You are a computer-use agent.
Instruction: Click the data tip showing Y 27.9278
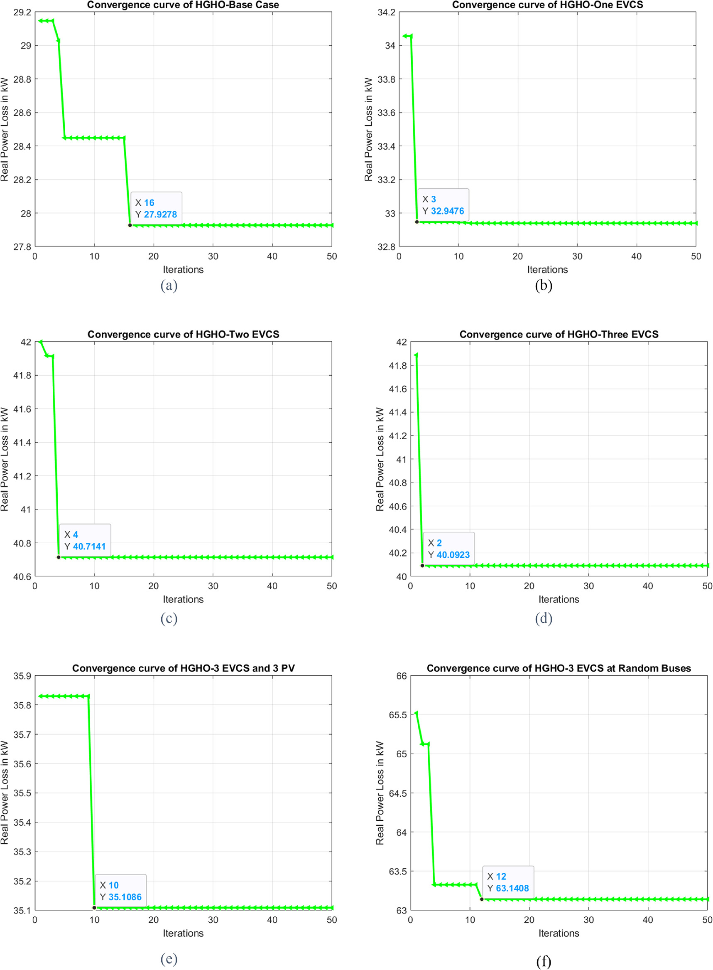[156, 209]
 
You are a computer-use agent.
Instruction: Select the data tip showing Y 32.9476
[443, 205]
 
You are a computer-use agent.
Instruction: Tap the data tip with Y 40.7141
[85, 540]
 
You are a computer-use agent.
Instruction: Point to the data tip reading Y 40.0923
[449, 549]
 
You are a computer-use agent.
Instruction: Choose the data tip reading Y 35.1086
[120, 891]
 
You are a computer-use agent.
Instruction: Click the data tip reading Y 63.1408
[508, 882]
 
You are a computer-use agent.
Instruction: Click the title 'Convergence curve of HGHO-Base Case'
[183, 5]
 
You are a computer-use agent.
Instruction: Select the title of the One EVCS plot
[547, 5]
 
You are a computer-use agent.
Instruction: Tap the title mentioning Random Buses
[559, 668]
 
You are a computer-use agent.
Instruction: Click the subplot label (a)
[169, 286]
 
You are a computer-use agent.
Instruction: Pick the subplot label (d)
[544, 618]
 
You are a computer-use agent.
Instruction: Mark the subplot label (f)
[544, 961]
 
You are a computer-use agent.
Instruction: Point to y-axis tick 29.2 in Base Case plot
[22, 12]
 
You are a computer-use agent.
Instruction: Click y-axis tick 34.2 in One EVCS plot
[386, 12]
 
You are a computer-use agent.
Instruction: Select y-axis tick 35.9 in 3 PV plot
[22, 676]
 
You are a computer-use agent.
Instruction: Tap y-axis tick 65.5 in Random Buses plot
[397, 715]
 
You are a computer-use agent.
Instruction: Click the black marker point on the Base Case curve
[130, 225]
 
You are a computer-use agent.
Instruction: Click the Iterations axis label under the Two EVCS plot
[183, 599]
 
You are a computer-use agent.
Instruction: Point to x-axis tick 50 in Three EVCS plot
[707, 586]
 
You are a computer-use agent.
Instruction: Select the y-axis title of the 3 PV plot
[4, 793]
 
